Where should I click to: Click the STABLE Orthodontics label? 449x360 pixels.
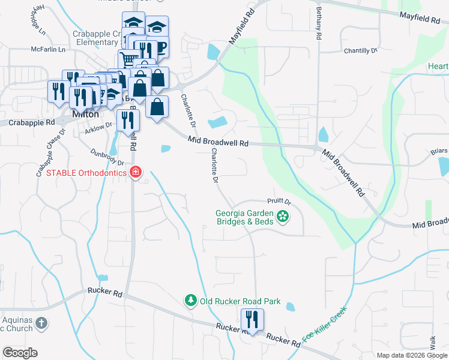tap(86, 173)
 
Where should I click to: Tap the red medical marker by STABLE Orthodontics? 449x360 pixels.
tap(136, 173)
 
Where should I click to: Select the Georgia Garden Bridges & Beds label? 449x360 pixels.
tap(245, 217)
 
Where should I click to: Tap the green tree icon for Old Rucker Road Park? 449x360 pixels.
tap(190, 300)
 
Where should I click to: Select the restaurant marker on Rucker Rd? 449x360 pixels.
tap(252, 319)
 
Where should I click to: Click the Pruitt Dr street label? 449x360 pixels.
tap(279, 202)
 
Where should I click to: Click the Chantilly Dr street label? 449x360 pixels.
tap(361, 52)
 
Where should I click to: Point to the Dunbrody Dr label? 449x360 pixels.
tap(106, 158)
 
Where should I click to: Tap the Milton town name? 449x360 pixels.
tap(85, 113)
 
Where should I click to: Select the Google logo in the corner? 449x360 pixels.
tap(20, 353)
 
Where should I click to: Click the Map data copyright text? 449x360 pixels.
tap(411, 355)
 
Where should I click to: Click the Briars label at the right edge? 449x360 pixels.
tap(439, 151)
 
